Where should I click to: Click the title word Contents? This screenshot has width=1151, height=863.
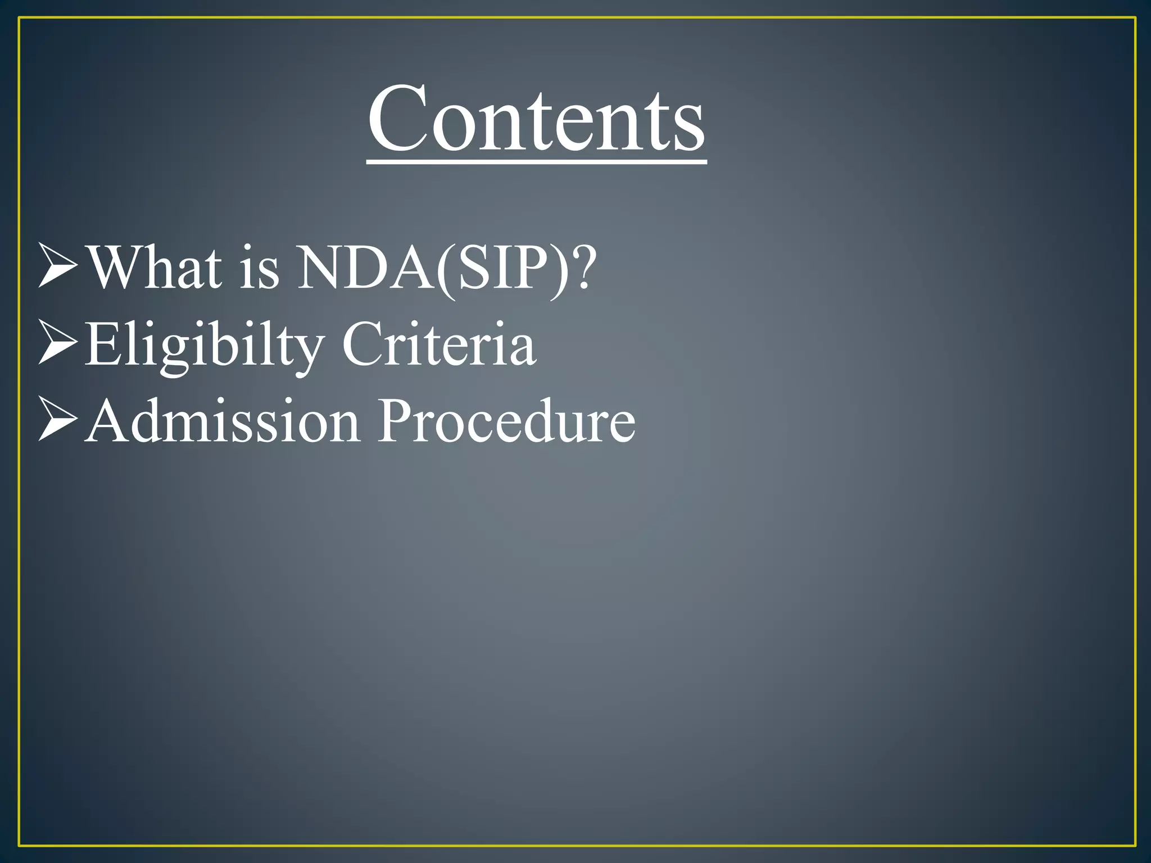tap(537, 119)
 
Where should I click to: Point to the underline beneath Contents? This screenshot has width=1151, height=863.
tap(537, 162)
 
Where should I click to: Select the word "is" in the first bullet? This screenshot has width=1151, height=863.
tap(259, 269)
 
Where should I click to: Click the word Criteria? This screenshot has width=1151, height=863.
tap(438, 344)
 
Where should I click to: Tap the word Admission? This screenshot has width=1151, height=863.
tap(223, 421)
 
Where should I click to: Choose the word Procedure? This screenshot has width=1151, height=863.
tap(506, 421)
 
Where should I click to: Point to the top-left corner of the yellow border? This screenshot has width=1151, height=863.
tap(20, 19)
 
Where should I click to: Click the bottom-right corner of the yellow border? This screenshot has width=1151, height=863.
tap(1135, 845)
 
